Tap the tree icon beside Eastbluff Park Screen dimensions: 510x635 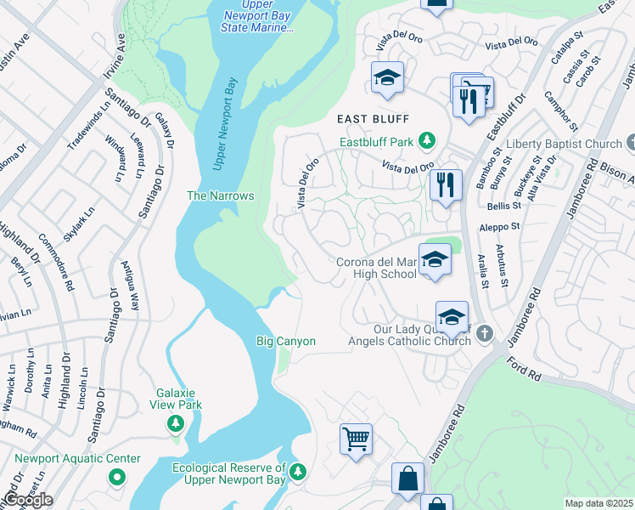coord(430,141)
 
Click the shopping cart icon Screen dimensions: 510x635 coord(357,439)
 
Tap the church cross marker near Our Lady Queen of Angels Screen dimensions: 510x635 coord(484,332)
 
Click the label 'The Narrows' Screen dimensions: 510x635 coord(221,195)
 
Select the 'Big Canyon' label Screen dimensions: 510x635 coord(286,341)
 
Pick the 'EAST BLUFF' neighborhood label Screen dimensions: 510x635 coord(373,119)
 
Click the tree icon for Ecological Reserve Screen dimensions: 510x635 coord(297,471)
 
